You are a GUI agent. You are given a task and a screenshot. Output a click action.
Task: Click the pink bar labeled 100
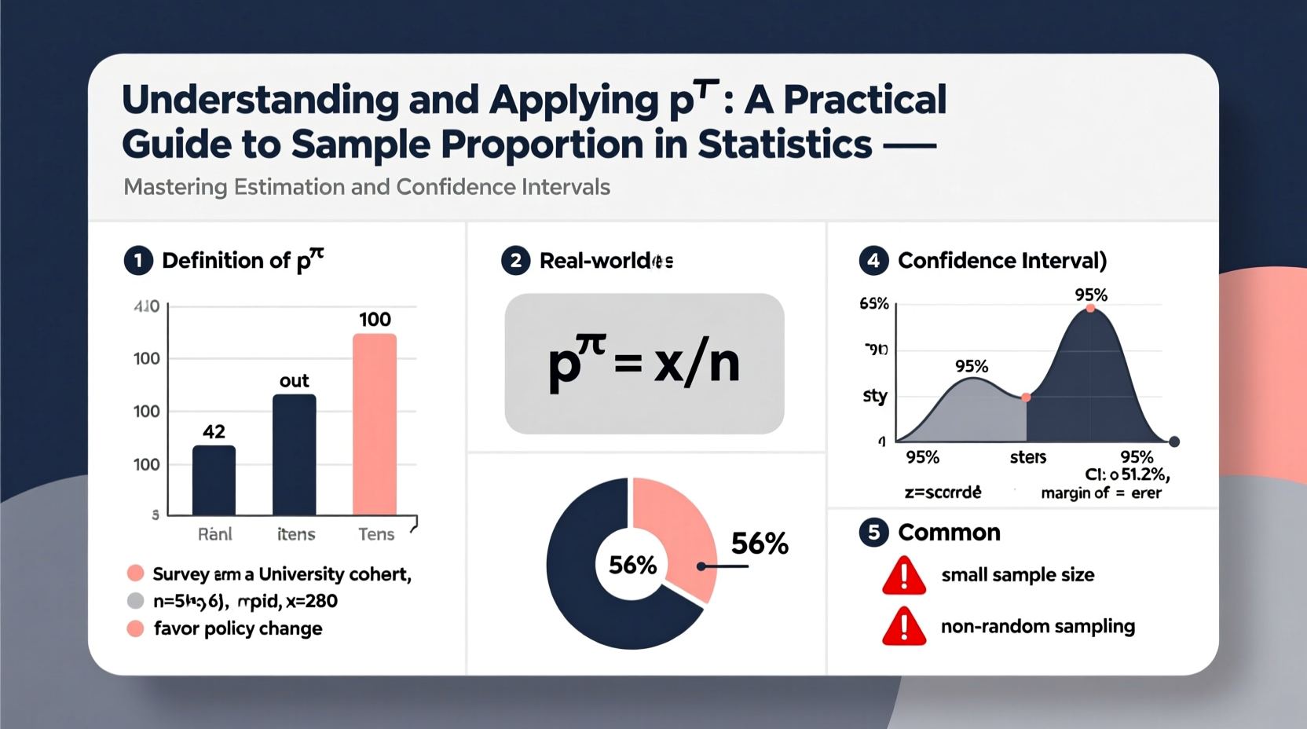point(374,424)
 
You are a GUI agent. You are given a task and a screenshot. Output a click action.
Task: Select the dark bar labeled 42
point(214,480)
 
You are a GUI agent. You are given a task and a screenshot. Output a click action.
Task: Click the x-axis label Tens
point(376,534)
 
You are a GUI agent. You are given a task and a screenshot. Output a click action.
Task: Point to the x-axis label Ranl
point(214,534)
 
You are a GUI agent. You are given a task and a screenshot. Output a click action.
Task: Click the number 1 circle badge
point(138,261)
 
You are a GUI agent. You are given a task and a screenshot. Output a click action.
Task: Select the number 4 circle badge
point(873,261)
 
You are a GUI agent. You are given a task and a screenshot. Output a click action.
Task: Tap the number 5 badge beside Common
point(873,533)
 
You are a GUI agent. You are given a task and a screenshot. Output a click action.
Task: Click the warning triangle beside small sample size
point(904,577)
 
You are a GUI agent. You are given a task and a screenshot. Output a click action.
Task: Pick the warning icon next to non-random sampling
point(904,628)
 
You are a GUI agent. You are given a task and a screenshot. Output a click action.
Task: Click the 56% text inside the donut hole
point(632,565)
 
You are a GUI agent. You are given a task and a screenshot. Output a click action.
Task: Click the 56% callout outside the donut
point(760,544)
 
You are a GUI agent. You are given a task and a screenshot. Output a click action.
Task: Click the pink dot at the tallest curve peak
point(1090,309)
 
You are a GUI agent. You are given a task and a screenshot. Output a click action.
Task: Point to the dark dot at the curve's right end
point(1174,442)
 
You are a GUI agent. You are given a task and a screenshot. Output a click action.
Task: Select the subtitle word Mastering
point(175,187)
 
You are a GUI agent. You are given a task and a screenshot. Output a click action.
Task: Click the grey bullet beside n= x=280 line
point(135,601)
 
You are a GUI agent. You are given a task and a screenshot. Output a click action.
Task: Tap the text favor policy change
point(238,628)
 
